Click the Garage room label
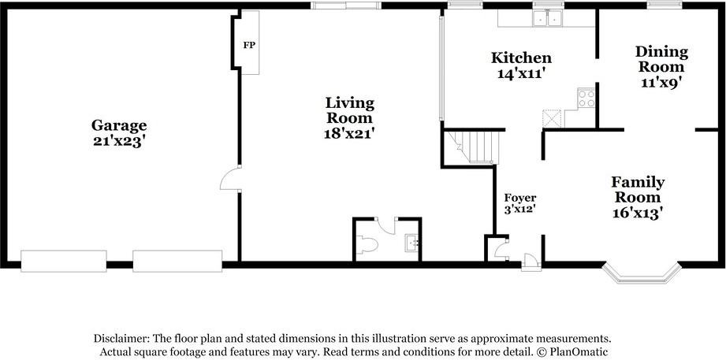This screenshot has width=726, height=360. pos(119,125)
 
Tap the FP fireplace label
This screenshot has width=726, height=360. pos(250,46)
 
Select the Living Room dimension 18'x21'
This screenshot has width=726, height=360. pos(349,133)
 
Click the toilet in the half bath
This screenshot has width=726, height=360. pos(367,245)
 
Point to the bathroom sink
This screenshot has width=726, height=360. pos(411,243)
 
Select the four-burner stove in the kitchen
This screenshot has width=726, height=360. pos(586,98)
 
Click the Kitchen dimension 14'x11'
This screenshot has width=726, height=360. pos(521,73)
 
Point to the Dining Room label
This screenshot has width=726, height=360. pos(661,59)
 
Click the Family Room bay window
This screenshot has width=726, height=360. pos(642,274)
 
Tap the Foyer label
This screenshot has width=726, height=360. pos(520,198)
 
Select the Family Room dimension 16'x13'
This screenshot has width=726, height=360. pos(638,213)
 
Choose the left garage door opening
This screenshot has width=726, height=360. pos(64,261)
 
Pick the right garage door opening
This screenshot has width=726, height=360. pos(178,261)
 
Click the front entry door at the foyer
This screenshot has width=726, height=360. pos(531,262)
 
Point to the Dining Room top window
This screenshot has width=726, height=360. pos(665,5)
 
